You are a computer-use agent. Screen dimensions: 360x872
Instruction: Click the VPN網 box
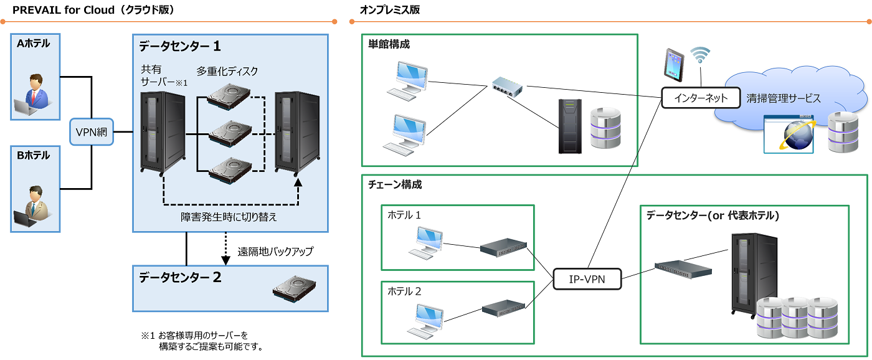[92, 132]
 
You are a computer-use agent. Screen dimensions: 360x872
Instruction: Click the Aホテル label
[33, 44]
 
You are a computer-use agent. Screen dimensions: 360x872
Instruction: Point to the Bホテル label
[33, 155]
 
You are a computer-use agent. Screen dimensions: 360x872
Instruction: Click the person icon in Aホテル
[35, 94]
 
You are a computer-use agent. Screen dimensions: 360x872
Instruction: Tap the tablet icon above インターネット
[673, 65]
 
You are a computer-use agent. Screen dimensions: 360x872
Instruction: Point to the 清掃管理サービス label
[784, 98]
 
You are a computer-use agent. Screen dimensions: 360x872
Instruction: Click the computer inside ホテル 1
[428, 244]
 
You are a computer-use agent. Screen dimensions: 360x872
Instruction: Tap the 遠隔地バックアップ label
[275, 252]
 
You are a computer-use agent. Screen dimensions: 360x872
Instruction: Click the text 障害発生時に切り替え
[229, 217]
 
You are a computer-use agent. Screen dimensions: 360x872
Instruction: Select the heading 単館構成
[389, 44]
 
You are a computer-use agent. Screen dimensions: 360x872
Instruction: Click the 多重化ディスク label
[227, 71]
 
